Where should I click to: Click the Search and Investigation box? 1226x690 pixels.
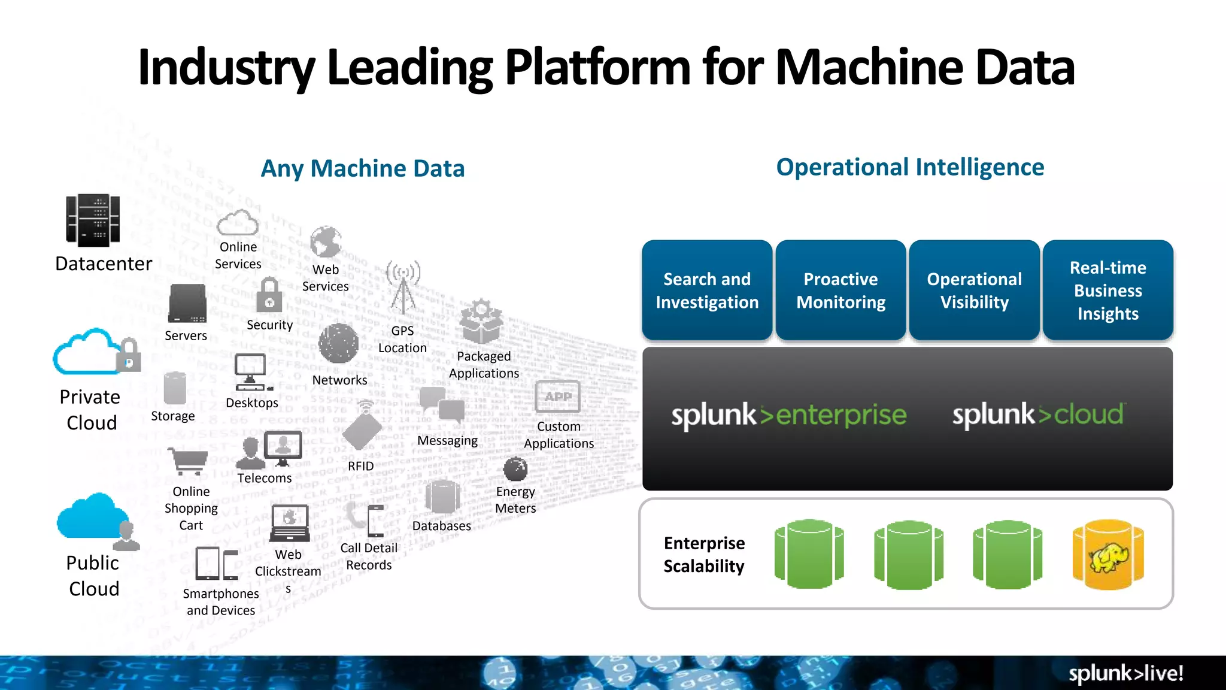pos(706,290)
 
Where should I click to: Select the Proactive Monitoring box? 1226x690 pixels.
pos(840,290)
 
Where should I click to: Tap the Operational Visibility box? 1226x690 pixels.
pos(974,290)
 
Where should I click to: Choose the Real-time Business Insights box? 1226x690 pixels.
pos(1107,290)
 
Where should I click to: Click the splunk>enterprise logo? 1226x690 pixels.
pos(788,415)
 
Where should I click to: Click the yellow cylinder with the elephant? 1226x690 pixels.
pos(1108,555)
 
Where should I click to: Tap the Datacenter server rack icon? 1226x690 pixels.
pos(93,220)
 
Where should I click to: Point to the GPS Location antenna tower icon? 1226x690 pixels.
pos(403,287)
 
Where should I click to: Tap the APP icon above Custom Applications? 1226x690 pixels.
pos(557,397)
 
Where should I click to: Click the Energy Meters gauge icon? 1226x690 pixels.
pos(515,469)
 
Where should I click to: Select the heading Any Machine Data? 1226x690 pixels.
pos(362,168)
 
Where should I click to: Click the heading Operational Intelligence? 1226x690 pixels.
pos(909,167)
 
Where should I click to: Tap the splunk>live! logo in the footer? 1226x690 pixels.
pos(1125,673)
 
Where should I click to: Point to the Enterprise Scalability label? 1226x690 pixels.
pos(704,555)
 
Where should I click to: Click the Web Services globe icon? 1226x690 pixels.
pos(326,243)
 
